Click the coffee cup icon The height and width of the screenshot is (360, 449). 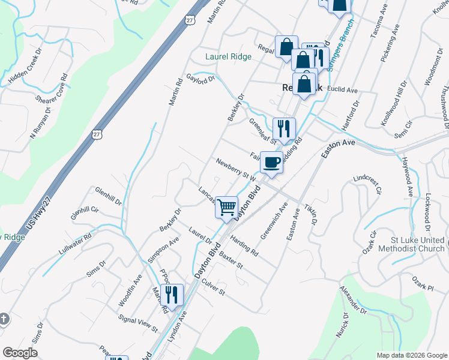[x=272, y=161]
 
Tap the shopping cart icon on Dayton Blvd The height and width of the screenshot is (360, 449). [x=226, y=208]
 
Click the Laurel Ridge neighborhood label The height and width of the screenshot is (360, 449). [x=228, y=57]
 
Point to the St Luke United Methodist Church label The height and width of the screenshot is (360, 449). [x=411, y=244]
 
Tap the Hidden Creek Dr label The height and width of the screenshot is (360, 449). [x=28, y=71]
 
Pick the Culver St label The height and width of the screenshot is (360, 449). [x=212, y=287]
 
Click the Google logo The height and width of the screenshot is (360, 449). [x=20, y=353]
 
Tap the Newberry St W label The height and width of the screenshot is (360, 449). [x=237, y=169]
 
